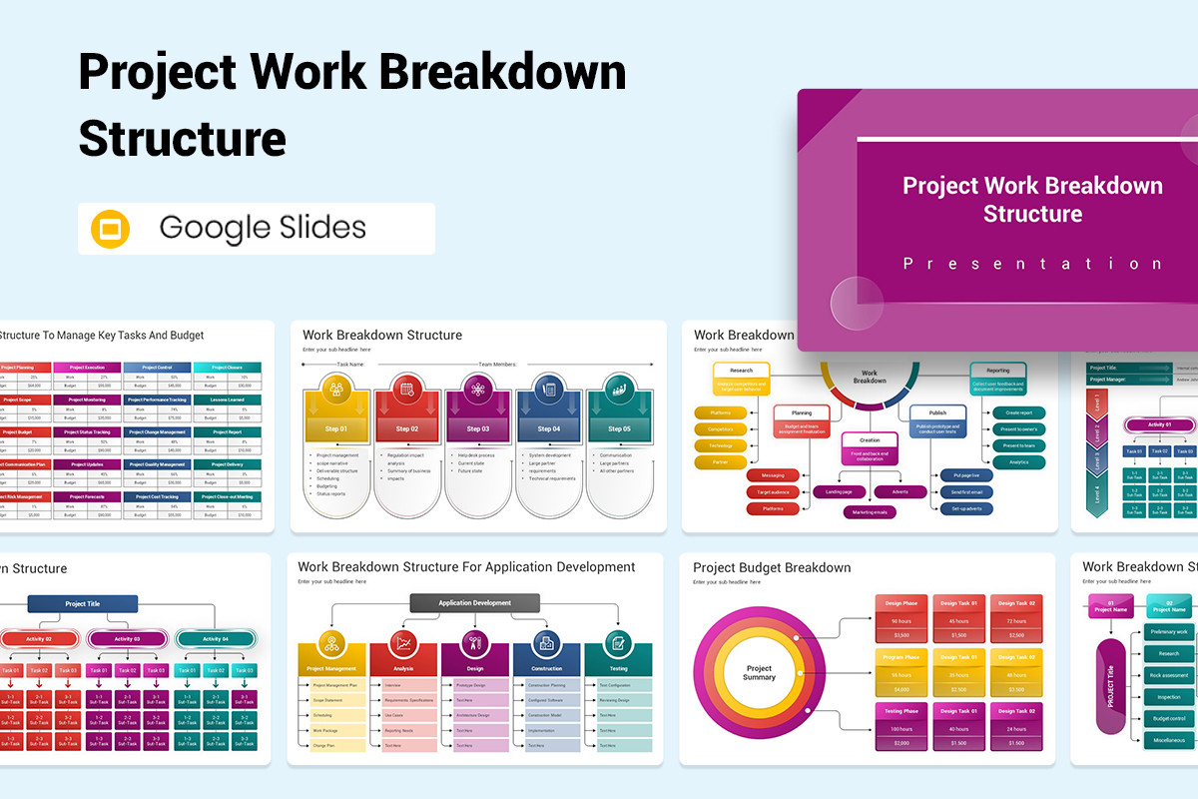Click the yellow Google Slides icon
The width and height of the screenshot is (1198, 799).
pyautogui.click(x=110, y=229)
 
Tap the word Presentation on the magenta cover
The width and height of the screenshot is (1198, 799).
pyautogui.click(x=1032, y=264)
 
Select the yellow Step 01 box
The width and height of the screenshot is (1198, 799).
pyautogui.click(x=336, y=428)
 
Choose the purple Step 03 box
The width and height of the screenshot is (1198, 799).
pyautogui.click(x=478, y=428)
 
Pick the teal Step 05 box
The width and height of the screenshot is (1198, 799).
pyautogui.click(x=619, y=428)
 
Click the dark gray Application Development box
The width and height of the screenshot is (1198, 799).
pyautogui.click(x=475, y=603)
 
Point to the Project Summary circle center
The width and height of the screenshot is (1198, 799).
pyautogui.click(x=759, y=672)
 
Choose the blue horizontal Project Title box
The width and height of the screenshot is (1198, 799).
pyautogui.click(x=82, y=603)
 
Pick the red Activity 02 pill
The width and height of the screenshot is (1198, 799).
pyautogui.click(x=40, y=638)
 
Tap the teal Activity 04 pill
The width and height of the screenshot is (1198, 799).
pyautogui.click(x=215, y=638)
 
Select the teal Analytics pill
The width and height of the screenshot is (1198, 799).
pyautogui.click(x=1018, y=462)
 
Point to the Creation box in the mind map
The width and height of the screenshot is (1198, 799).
pyautogui.click(x=869, y=439)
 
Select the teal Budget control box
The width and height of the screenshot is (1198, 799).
pyautogui.click(x=1169, y=718)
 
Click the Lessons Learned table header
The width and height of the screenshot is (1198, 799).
pyautogui.click(x=227, y=399)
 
